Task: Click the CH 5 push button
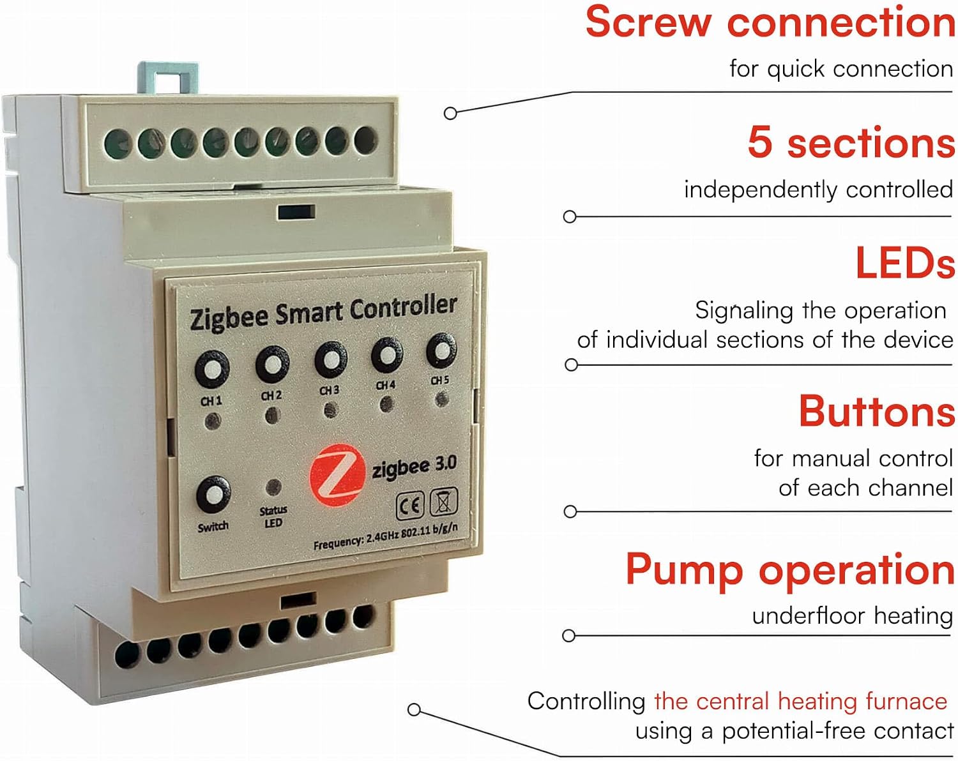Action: click(x=441, y=350)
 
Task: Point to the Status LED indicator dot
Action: click(x=273, y=488)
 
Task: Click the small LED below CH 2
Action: click(x=273, y=416)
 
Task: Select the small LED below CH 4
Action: click(x=386, y=404)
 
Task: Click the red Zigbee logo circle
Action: click(x=337, y=475)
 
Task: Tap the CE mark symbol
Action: click(x=409, y=506)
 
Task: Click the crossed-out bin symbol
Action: click(x=443, y=502)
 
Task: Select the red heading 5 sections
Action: click(x=851, y=142)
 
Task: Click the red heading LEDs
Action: click(x=906, y=262)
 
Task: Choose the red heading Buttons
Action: click(x=877, y=411)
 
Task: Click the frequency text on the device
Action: click(x=386, y=537)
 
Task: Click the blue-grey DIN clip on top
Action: click(x=168, y=77)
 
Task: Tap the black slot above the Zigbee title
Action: click(x=296, y=212)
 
